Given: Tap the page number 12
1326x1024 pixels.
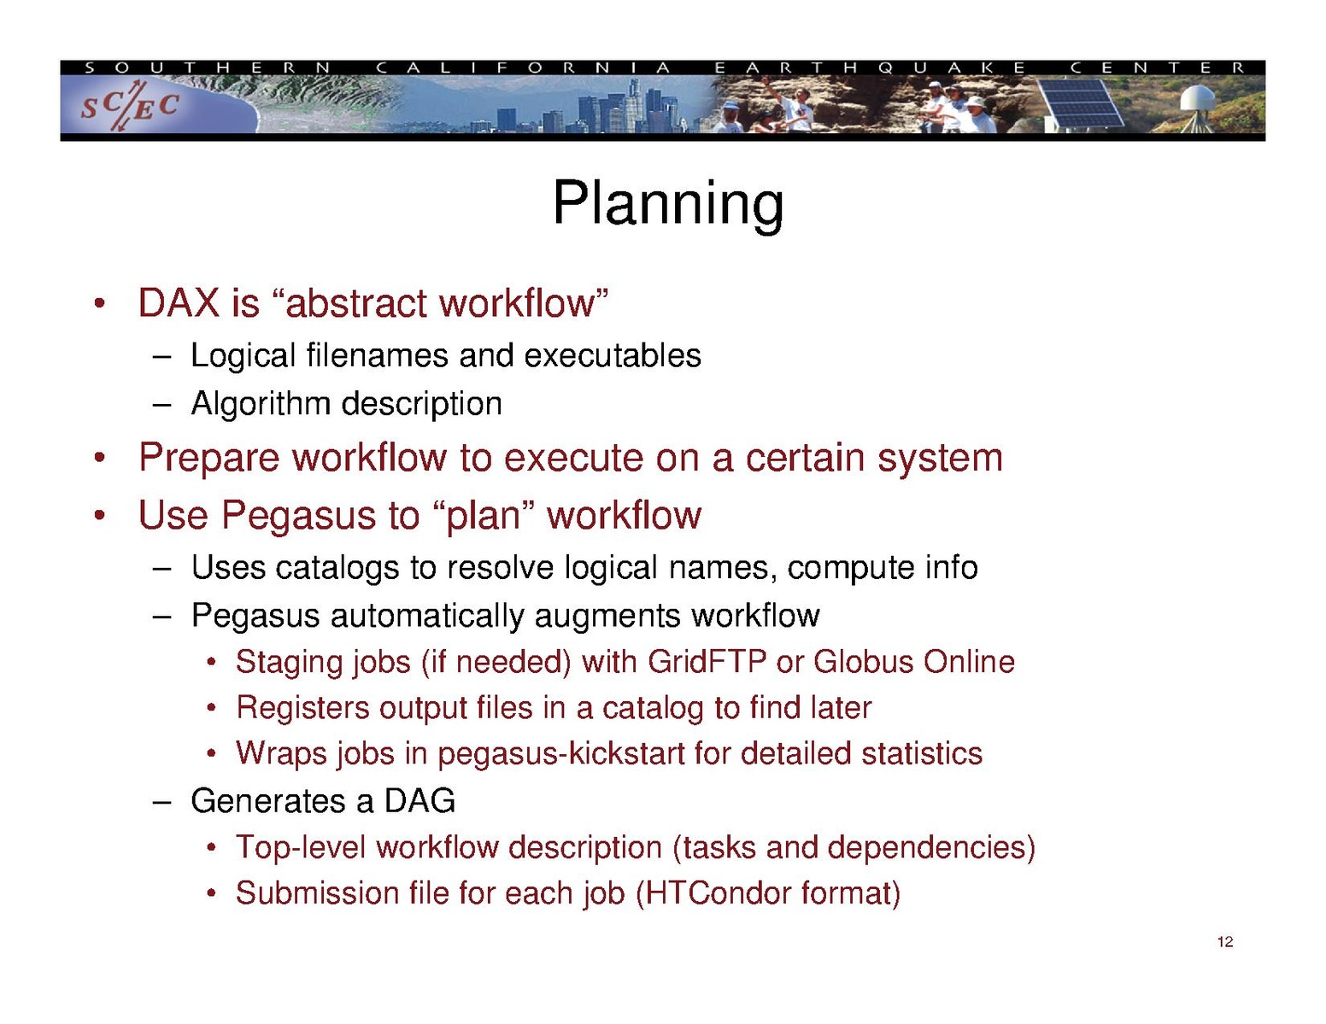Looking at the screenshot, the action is pos(1224,942).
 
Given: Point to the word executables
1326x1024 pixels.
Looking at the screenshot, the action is pos(613,355).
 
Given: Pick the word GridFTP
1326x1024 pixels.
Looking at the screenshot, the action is pos(707,662).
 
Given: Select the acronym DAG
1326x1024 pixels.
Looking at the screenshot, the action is pos(420,801).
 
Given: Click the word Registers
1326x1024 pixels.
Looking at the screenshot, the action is pos(302,708).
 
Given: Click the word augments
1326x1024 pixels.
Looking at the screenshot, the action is pos(607,616).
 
